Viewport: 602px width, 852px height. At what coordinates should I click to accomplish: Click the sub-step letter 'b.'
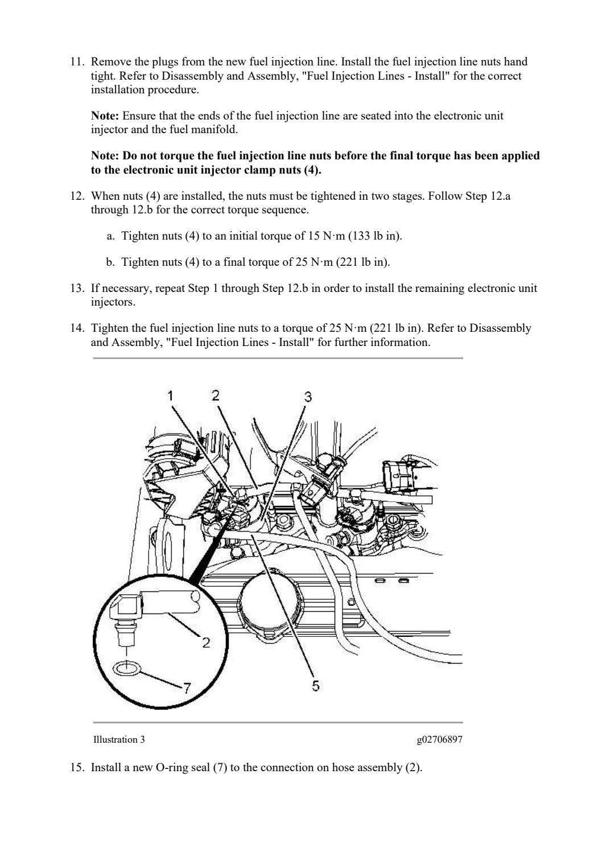tap(111, 262)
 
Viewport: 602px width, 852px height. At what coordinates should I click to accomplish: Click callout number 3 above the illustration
tap(307, 397)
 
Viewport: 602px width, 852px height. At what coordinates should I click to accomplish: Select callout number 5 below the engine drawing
tap(315, 686)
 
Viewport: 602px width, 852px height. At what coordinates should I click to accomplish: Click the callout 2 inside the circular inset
tap(205, 643)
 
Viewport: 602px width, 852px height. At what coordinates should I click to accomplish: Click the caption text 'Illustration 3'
tap(118, 739)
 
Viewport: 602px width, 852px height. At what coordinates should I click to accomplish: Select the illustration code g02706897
tap(439, 739)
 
